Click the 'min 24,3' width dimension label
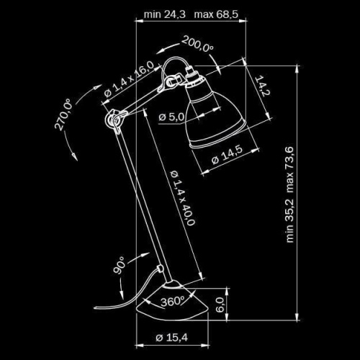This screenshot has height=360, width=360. tap(166, 14)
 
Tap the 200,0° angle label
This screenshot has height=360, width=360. tap(198, 45)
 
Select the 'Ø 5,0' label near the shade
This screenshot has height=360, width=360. tap(172, 116)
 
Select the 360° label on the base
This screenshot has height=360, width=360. tap(174, 300)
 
